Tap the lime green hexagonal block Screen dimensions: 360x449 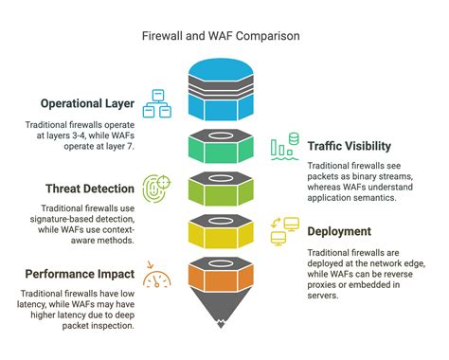(x=224, y=190)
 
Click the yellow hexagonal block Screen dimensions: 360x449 (x=224, y=233)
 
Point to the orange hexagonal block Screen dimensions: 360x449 (x=224, y=276)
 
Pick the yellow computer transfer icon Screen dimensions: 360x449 (x=285, y=230)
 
